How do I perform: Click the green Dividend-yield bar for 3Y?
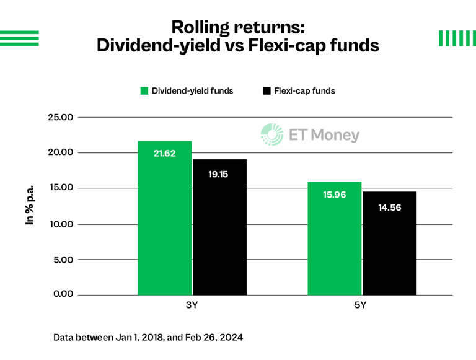pyautogui.click(x=164, y=217)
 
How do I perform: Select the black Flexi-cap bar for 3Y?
pyautogui.click(x=219, y=227)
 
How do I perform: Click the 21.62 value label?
pyautogui.click(x=164, y=153)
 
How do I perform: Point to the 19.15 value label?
pyautogui.click(x=218, y=174)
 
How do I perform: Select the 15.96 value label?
pyautogui.click(x=334, y=195)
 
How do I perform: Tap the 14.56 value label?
pyautogui.click(x=389, y=208)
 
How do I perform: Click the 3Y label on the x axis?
pyautogui.click(x=192, y=306)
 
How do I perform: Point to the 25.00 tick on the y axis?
pyautogui.click(x=61, y=117)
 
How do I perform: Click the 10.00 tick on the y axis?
pyautogui.click(x=61, y=224)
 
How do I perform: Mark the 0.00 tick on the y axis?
pyautogui.click(x=63, y=294)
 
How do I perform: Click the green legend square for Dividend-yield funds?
pyautogui.click(x=144, y=91)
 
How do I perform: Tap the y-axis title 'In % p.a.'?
pyautogui.click(x=29, y=204)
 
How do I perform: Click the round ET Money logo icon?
pyautogui.click(x=271, y=134)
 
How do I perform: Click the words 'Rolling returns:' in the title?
pyautogui.click(x=238, y=27)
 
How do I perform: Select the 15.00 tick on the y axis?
pyautogui.click(x=61, y=188)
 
